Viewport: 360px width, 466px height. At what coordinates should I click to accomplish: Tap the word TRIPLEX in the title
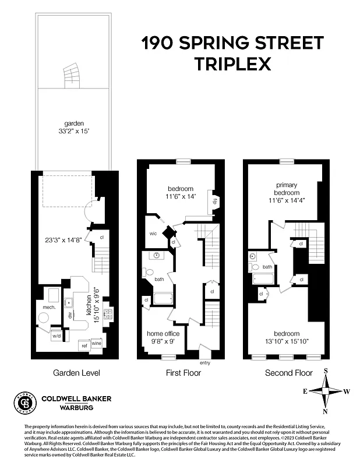coord(232,64)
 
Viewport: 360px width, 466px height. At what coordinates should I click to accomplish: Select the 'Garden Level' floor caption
coord(76,373)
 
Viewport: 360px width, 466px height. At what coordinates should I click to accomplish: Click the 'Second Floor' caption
coord(288,373)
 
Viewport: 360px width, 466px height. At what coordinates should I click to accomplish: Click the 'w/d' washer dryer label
coord(57,336)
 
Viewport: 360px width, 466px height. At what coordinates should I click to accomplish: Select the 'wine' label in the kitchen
coord(97,344)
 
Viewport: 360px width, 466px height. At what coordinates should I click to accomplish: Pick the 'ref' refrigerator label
coord(83,345)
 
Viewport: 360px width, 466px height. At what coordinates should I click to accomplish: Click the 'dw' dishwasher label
coord(69,315)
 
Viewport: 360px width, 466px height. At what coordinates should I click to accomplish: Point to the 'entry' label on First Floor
coord(204,363)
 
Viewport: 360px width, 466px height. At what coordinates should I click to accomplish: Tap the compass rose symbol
coord(326,391)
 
